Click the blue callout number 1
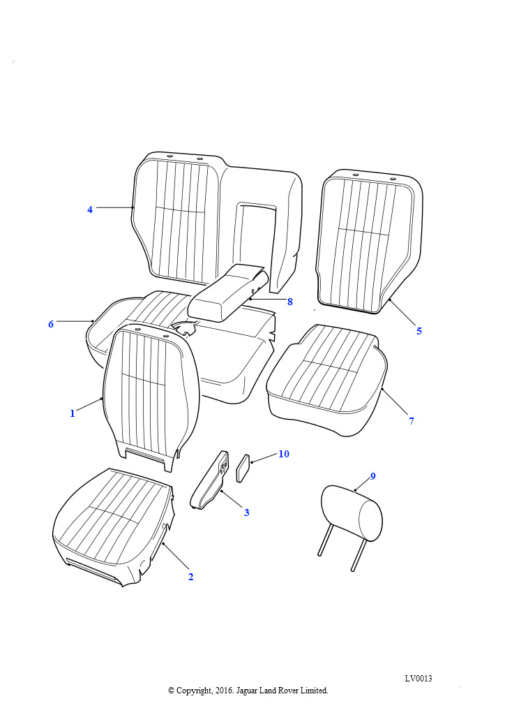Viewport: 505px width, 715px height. [72, 413]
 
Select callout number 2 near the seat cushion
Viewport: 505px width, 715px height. [190, 577]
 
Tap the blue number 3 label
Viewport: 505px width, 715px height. [246, 513]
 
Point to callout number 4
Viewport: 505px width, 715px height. [90, 209]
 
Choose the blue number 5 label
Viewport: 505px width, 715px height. [419, 331]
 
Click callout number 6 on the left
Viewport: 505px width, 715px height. [50, 324]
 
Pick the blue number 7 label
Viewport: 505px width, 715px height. [412, 421]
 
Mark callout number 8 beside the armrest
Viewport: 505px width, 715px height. [289, 302]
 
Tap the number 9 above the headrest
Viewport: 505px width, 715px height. [373, 476]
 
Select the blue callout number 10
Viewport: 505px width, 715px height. [284, 454]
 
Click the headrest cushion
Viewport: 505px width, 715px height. [351, 513]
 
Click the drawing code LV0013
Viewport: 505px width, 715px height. [419, 678]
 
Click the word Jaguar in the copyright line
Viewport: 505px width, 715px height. [247, 691]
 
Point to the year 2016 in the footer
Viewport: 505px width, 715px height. [223, 691]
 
